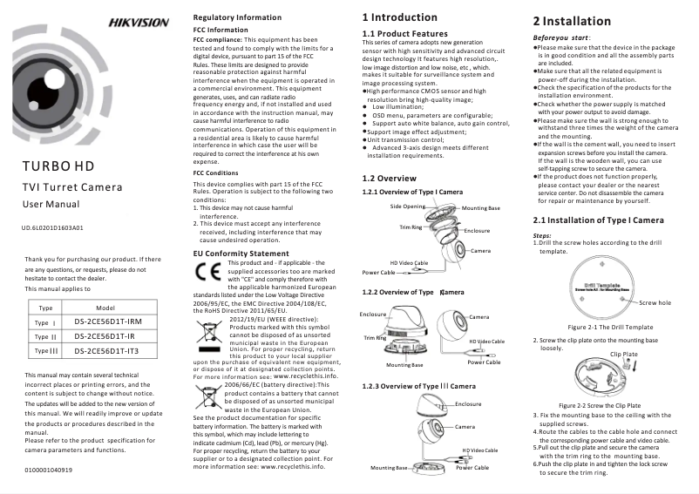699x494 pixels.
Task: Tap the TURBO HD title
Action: click(59, 166)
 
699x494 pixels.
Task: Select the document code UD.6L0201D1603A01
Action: click(51, 228)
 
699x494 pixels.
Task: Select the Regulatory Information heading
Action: click(236, 17)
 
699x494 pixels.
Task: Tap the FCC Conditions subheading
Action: click(215, 173)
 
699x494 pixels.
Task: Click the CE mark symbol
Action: click(207, 270)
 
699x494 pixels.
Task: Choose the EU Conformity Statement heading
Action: click(241, 253)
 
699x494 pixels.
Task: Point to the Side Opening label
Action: click(408, 206)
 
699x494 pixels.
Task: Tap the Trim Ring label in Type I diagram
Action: click(411, 227)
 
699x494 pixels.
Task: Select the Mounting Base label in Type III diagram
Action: click(389, 468)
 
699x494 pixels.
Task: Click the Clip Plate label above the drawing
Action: click(624, 354)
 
